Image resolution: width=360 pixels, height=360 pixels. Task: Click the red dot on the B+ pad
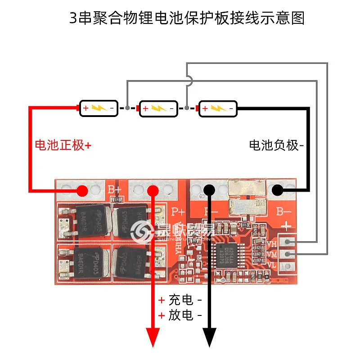pyautogui.click(x=82, y=190)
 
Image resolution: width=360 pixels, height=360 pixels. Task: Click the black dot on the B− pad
pyautogui.click(x=277, y=190)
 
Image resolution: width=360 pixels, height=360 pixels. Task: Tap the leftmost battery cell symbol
pyautogui.click(x=99, y=108)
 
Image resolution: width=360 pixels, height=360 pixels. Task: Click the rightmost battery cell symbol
pyautogui.click(x=217, y=108)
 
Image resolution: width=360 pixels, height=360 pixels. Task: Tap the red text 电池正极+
pyautogui.click(x=63, y=145)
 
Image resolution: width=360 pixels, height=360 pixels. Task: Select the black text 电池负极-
pyautogui.click(x=276, y=145)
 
